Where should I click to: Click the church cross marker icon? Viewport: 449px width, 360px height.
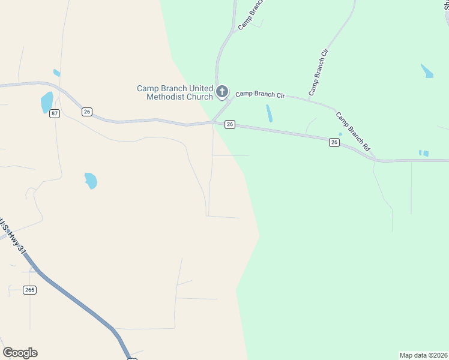[222, 92]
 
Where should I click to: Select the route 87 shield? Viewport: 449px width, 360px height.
[55, 114]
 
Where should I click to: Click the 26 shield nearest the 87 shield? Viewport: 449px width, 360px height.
[87, 112]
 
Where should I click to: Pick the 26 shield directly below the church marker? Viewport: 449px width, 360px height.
[229, 124]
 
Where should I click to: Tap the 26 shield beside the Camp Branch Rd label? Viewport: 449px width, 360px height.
[334, 142]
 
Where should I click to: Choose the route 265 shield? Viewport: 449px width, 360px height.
[30, 290]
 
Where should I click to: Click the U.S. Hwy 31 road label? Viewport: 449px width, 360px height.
[13, 238]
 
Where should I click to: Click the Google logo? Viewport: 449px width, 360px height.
[20, 353]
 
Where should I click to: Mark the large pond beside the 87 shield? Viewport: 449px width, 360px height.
[46, 102]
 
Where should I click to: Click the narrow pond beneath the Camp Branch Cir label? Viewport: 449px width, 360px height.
[269, 113]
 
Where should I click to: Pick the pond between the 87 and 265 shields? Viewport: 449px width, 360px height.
[91, 180]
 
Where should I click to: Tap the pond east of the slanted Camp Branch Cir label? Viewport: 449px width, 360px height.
[427, 71]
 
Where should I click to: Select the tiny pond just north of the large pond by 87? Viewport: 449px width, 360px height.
[56, 73]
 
